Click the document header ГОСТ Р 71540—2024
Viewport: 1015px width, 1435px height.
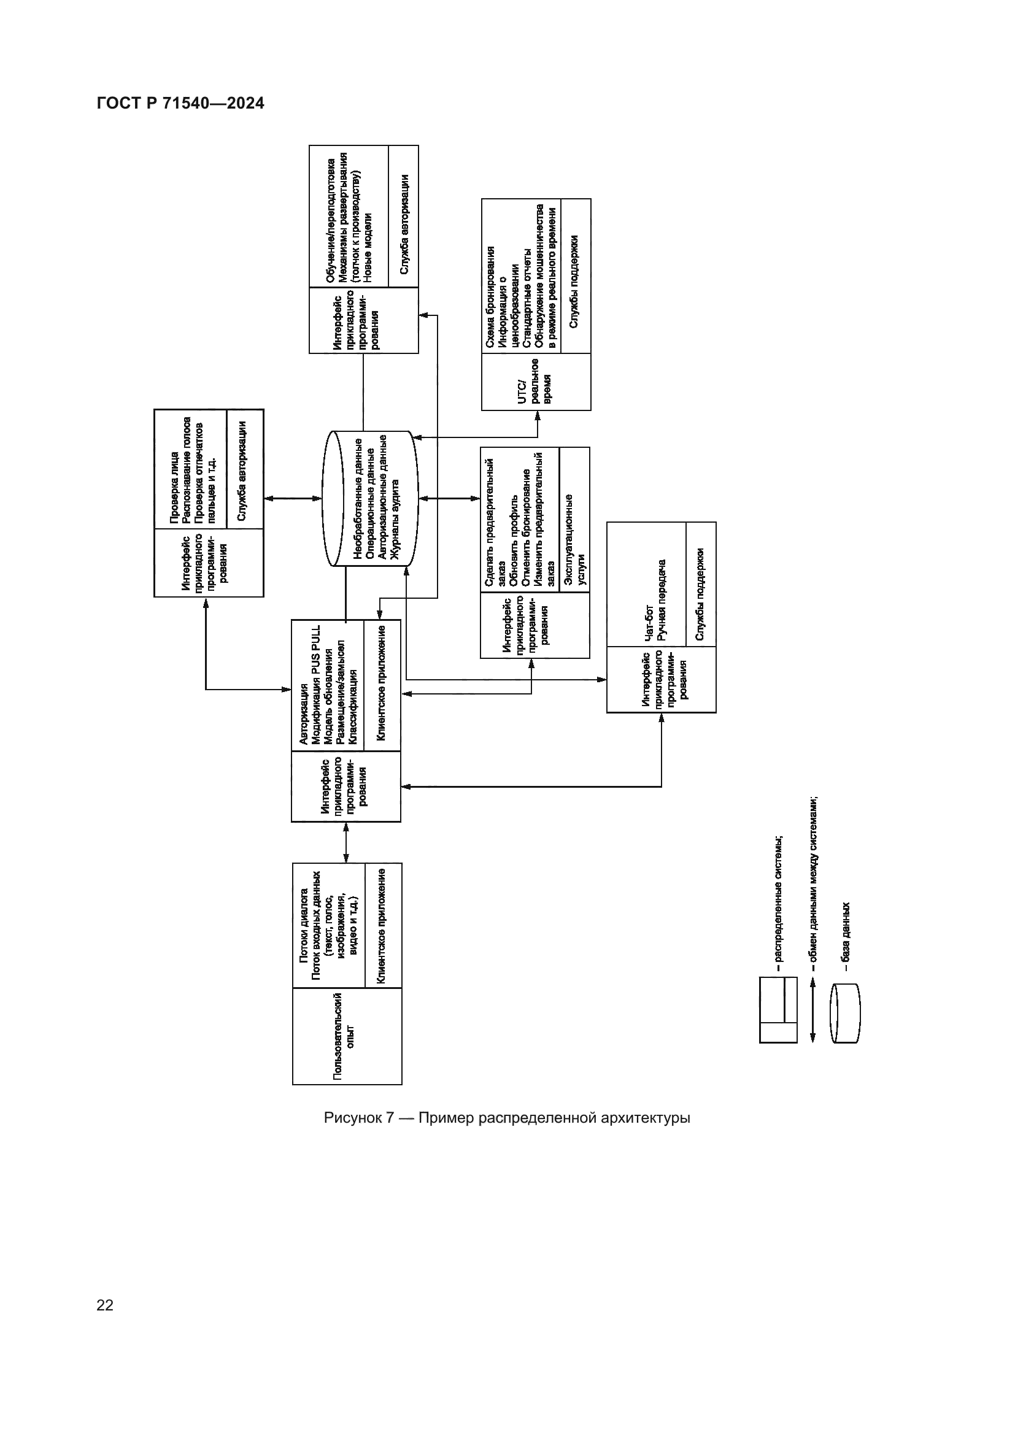(x=180, y=104)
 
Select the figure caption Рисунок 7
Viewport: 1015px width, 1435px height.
(x=506, y=1117)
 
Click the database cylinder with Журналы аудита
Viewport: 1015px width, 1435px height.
(x=370, y=498)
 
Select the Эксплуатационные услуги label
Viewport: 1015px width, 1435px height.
(x=575, y=539)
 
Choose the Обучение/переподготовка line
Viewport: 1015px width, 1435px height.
(x=331, y=219)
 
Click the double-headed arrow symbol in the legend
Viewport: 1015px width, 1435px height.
(x=812, y=1010)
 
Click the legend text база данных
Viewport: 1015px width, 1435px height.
(x=846, y=936)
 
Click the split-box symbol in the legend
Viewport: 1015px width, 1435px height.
(x=778, y=1010)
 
